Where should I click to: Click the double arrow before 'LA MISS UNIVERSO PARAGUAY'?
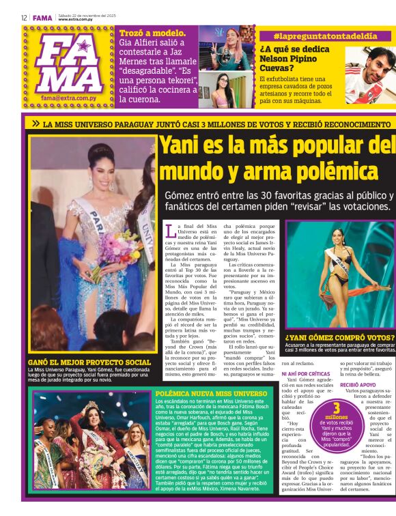35,124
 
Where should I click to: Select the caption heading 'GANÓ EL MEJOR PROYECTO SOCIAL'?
89,362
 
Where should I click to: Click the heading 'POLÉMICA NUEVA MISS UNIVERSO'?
211,394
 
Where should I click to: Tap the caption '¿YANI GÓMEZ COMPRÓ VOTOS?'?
339,337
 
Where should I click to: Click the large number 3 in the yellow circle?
337,410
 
